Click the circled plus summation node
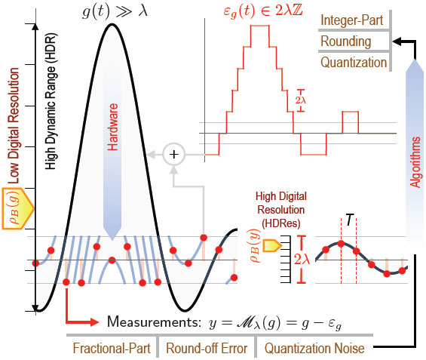175,154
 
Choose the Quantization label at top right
354,62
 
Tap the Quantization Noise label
314,349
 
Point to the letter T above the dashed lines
350,219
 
